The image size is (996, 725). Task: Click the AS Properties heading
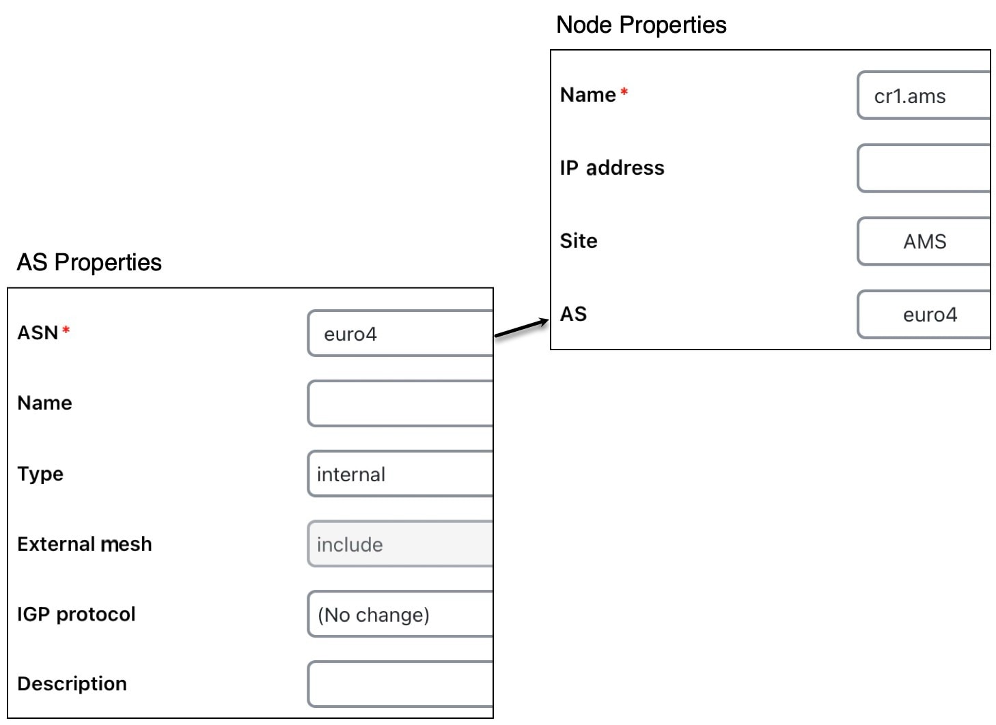pyautogui.click(x=89, y=262)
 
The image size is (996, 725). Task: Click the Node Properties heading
pyautogui.click(x=641, y=25)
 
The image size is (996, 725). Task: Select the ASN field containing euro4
pyautogui.click(x=400, y=334)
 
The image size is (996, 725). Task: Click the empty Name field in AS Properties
pyautogui.click(x=400, y=403)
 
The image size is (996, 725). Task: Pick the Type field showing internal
pyautogui.click(x=400, y=474)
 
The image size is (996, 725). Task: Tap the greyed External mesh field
pyautogui.click(x=400, y=544)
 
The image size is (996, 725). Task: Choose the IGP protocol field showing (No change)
pyautogui.click(x=400, y=614)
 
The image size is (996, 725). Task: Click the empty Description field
pyautogui.click(x=400, y=685)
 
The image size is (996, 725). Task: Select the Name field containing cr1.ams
pyautogui.click(x=924, y=96)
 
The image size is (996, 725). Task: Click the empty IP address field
pyautogui.click(x=924, y=169)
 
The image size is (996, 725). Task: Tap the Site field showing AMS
pyautogui.click(x=924, y=242)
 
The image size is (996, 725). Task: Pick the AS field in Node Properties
pyautogui.click(x=924, y=315)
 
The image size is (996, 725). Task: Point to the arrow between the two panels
pyautogui.click(x=521, y=328)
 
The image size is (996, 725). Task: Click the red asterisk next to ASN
pyautogui.click(x=66, y=330)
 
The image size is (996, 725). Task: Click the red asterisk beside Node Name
pyautogui.click(x=624, y=92)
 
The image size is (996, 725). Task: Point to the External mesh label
pyautogui.click(x=85, y=544)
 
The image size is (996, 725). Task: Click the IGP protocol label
pyautogui.click(x=76, y=614)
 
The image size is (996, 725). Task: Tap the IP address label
pyautogui.click(x=612, y=168)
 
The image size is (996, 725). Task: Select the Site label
pyautogui.click(x=579, y=241)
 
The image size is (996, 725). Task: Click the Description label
pyautogui.click(x=72, y=683)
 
